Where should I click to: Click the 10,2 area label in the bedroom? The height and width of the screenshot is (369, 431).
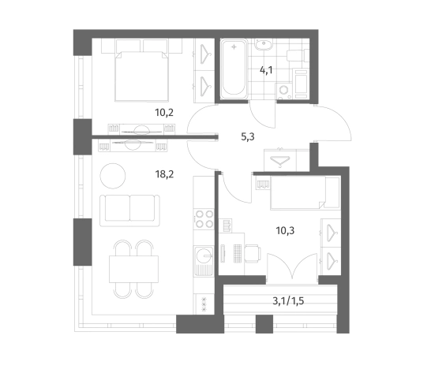164,113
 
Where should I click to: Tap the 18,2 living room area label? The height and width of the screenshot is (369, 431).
164,174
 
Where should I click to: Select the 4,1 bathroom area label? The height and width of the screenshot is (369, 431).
266,70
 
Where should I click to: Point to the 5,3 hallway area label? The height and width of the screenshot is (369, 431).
248,136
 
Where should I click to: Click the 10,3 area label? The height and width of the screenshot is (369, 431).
285,230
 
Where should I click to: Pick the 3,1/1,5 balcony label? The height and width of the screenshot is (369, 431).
288,301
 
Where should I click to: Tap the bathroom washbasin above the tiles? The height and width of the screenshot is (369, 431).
264,44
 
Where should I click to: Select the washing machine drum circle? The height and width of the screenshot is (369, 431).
283,90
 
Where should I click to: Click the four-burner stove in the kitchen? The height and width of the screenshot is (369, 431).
204,219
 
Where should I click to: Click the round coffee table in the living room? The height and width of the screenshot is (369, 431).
113,176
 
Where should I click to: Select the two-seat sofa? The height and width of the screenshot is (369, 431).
129,211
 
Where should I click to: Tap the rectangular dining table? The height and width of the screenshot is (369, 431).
134,269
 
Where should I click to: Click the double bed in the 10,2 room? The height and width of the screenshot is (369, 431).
142,76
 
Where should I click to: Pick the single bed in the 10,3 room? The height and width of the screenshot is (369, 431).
305,193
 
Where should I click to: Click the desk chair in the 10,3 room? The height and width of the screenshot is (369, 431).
253,253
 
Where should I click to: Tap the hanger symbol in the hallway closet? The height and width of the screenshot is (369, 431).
280,161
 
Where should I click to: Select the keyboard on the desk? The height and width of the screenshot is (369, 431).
238,253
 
